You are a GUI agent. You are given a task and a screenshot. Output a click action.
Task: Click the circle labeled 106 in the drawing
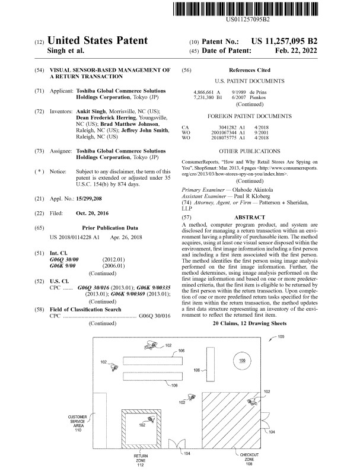[x=241, y=361]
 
